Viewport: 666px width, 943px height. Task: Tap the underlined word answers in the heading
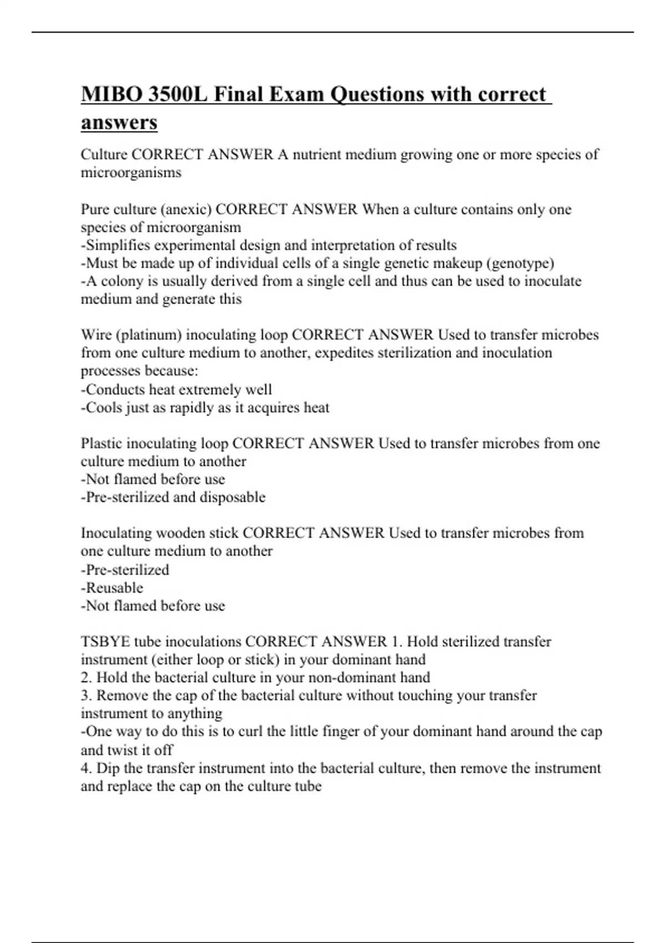[119, 123]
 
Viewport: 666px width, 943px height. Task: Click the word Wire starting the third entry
[95, 335]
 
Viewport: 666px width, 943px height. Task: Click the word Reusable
[114, 588]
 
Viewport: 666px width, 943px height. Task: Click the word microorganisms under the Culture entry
[131, 173]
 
